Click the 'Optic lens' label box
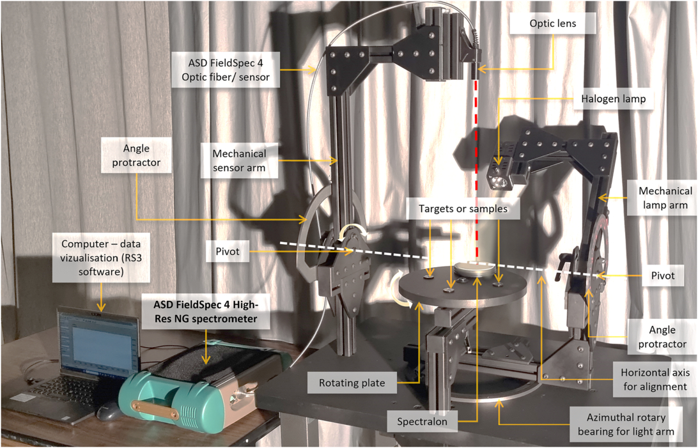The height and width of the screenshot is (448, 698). pyautogui.click(x=553, y=24)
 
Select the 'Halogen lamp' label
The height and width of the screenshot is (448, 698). pyautogui.click(x=614, y=99)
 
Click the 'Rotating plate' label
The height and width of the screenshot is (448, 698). pyautogui.click(x=352, y=383)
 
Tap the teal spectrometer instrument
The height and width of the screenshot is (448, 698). pyautogui.click(x=185, y=393)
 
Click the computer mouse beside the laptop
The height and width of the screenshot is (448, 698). pyautogui.click(x=109, y=411)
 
